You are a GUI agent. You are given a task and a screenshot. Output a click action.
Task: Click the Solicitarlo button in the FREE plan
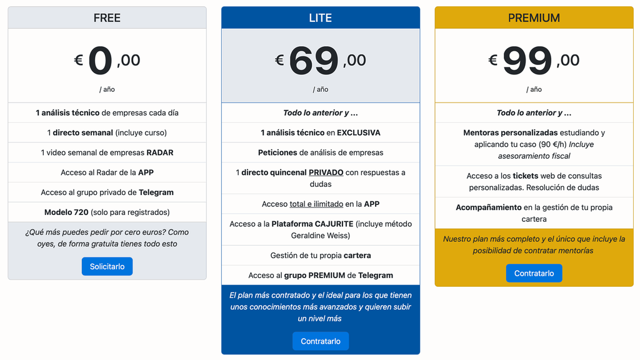pyautogui.click(x=107, y=266)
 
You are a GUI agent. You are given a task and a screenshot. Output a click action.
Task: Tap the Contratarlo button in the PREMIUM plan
pyautogui.click(x=534, y=273)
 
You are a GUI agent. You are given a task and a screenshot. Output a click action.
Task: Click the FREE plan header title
pyautogui.click(x=107, y=18)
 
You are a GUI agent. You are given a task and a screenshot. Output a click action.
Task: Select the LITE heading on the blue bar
pyautogui.click(x=320, y=18)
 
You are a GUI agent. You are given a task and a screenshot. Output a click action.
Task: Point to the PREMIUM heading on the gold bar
pyautogui.click(x=534, y=18)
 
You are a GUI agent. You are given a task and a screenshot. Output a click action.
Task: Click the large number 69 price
pyautogui.click(x=314, y=61)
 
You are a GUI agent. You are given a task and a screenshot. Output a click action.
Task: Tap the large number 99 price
pyautogui.click(x=527, y=61)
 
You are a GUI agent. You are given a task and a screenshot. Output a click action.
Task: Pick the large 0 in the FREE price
pyautogui.click(x=100, y=61)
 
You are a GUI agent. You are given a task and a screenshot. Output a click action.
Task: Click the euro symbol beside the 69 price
pyautogui.click(x=279, y=61)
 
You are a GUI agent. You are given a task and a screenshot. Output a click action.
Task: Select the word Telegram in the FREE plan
pyautogui.click(x=156, y=192)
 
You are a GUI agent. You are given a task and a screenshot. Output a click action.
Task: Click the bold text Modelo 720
pyautogui.click(x=66, y=212)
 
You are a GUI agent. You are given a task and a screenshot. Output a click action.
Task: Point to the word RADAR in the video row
pyautogui.click(x=160, y=152)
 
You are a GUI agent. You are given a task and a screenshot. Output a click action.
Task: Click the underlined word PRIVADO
pyautogui.click(x=326, y=172)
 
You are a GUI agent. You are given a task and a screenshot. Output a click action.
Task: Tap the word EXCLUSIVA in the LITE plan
pyautogui.click(x=358, y=132)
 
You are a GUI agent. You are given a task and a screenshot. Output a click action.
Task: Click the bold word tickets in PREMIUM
pyautogui.click(x=525, y=176)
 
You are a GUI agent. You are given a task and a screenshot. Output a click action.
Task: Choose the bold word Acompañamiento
pyautogui.click(x=488, y=207)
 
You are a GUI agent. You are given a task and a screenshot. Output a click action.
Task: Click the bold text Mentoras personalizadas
pyautogui.click(x=510, y=132)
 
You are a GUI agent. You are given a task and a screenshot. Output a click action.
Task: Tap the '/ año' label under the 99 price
pyautogui.click(x=536, y=89)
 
